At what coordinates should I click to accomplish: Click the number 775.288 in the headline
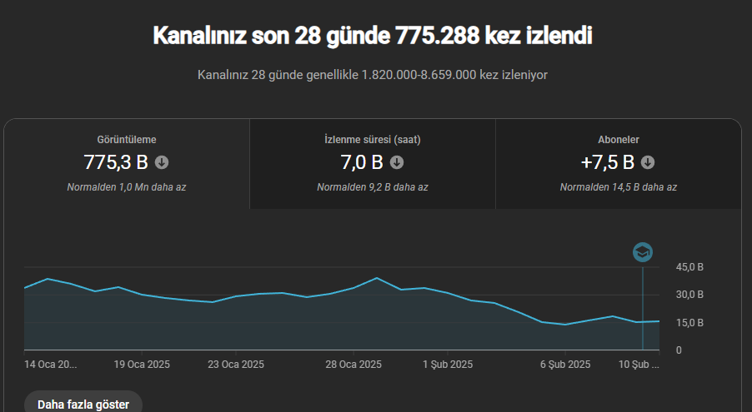click(x=437, y=36)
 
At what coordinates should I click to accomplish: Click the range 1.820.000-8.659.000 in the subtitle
click(x=419, y=75)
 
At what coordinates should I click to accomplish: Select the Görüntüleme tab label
click(x=127, y=140)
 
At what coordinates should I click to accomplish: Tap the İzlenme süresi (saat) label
click(x=373, y=140)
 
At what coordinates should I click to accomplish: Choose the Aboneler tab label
click(x=619, y=140)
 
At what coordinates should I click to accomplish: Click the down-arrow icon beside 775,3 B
click(x=162, y=162)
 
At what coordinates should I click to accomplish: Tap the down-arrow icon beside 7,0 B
click(x=397, y=162)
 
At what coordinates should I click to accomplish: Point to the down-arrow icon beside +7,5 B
click(x=648, y=162)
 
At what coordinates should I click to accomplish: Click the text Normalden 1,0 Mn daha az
click(x=127, y=187)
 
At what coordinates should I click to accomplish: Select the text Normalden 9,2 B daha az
click(x=373, y=187)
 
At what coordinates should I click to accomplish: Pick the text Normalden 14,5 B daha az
click(x=619, y=187)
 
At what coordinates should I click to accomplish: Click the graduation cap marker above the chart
click(x=643, y=252)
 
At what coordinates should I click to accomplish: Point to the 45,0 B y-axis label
click(x=689, y=267)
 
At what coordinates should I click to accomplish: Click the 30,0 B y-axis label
click(x=689, y=295)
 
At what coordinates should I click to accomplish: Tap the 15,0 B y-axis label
click(x=689, y=323)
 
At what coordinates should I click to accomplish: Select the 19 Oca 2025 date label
click(x=142, y=365)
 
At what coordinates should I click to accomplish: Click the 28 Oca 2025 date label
click(x=353, y=365)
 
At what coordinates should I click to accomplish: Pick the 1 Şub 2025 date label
click(x=448, y=365)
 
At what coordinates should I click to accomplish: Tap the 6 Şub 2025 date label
click(x=565, y=365)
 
